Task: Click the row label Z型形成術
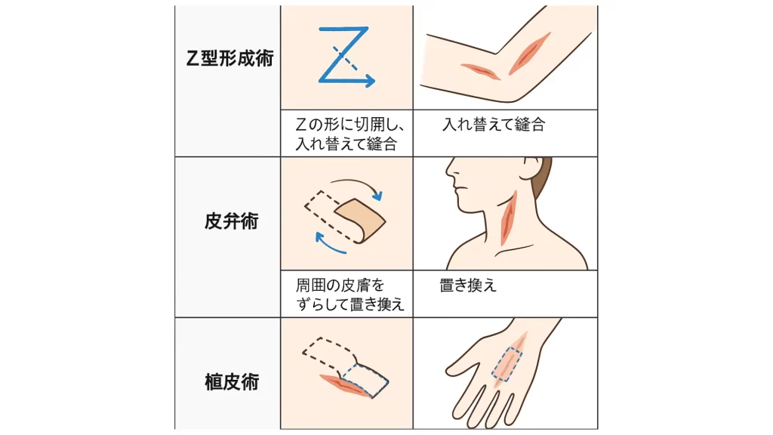pyautogui.click(x=229, y=58)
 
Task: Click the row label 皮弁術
pyautogui.click(x=231, y=221)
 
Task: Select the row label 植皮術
pyautogui.click(x=232, y=382)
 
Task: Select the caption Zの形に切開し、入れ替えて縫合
pyautogui.click(x=350, y=134)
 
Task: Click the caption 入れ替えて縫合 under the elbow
pyautogui.click(x=494, y=125)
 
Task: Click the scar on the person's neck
pyautogui.click(x=508, y=217)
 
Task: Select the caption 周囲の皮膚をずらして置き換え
pyautogui.click(x=350, y=295)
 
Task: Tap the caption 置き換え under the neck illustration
pyautogui.click(x=468, y=285)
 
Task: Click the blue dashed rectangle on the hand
pyautogui.click(x=507, y=365)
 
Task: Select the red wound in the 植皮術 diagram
pyautogui.click(x=345, y=384)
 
